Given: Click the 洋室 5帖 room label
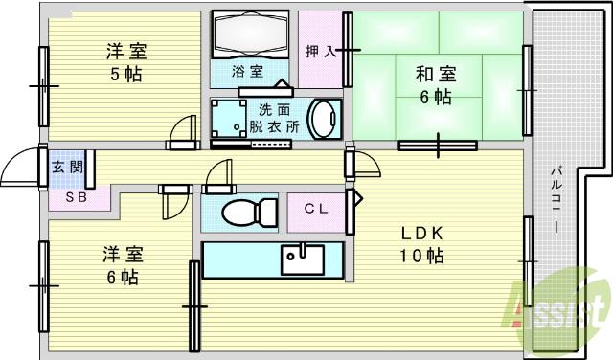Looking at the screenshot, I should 126,61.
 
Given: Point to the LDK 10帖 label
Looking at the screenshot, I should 421,244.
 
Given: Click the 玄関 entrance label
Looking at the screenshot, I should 66,167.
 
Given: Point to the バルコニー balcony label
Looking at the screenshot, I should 556,202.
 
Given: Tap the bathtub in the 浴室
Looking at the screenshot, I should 250,36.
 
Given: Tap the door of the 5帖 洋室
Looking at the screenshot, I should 181,132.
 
